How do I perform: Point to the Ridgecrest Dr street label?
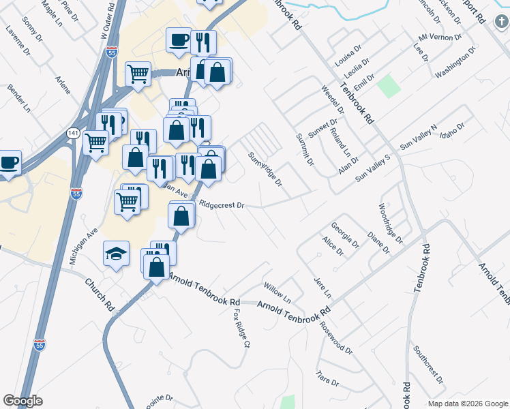click(x=222, y=204)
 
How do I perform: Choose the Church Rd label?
click(x=99, y=291)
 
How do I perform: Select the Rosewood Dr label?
click(x=338, y=338)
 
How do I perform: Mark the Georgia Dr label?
click(x=345, y=234)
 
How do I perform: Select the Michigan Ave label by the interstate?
click(x=85, y=246)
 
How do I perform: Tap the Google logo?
click(x=22, y=401)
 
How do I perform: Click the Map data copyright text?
click(x=467, y=404)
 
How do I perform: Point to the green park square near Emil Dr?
click(x=389, y=87)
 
